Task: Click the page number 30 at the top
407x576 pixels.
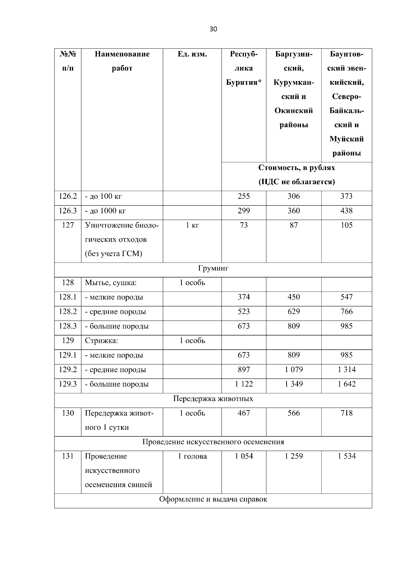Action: click(x=213, y=29)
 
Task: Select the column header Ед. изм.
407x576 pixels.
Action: click(x=192, y=54)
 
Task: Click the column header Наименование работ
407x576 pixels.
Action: click(x=122, y=61)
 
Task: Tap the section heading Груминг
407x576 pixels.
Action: click(x=213, y=269)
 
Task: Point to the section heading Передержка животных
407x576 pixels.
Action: click(x=213, y=399)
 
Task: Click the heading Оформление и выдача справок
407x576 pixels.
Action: click(x=213, y=499)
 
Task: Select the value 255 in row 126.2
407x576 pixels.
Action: click(x=244, y=196)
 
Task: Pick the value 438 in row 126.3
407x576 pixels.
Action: click(x=346, y=211)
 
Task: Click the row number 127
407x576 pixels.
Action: click(x=68, y=225)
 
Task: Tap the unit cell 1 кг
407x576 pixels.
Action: click(x=192, y=225)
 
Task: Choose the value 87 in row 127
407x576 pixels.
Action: click(x=293, y=225)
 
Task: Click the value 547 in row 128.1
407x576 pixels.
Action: click(x=346, y=297)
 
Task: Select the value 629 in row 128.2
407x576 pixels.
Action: click(x=293, y=312)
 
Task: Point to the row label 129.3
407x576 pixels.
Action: click(x=68, y=384)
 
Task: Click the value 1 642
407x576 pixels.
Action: click(x=346, y=384)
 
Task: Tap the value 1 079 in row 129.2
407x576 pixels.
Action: click(x=293, y=370)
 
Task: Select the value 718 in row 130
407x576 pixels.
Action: click(x=346, y=413)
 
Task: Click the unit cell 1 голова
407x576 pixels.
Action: click(x=192, y=457)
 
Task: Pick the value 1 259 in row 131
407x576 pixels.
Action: click(x=293, y=457)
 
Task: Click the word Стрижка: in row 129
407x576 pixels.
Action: click(x=101, y=341)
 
